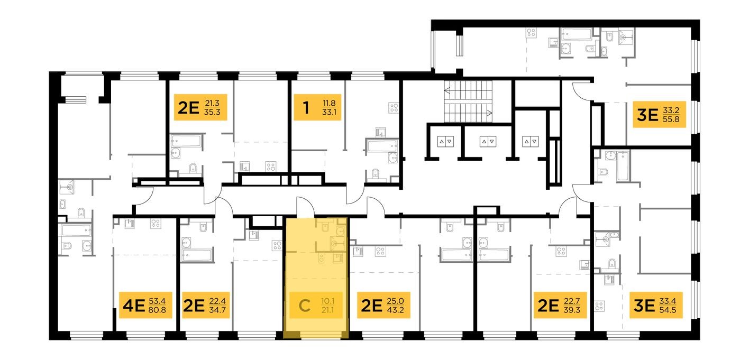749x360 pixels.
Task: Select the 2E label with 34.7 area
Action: pos(207,305)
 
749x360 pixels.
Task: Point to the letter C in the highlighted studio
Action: pos(304,306)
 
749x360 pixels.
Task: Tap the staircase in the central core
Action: pos(469,101)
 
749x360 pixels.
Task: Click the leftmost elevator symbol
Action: pos(444,142)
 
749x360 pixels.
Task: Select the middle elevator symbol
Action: pos(487,142)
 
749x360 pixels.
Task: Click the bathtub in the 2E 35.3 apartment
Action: pos(186,142)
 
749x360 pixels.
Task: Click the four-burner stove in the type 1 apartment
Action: pos(394,108)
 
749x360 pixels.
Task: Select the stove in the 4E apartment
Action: pos(156,223)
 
